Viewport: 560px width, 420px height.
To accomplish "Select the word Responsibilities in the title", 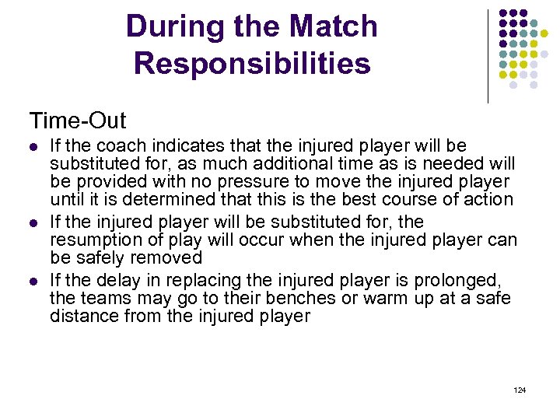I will [x=252, y=63].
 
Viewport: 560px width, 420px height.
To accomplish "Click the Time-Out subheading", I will [x=78, y=121].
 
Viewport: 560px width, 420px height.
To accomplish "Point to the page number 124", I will [x=520, y=388].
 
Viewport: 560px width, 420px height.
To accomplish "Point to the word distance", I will [x=80, y=316].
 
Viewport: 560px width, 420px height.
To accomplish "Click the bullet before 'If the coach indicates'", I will [x=33, y=147].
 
